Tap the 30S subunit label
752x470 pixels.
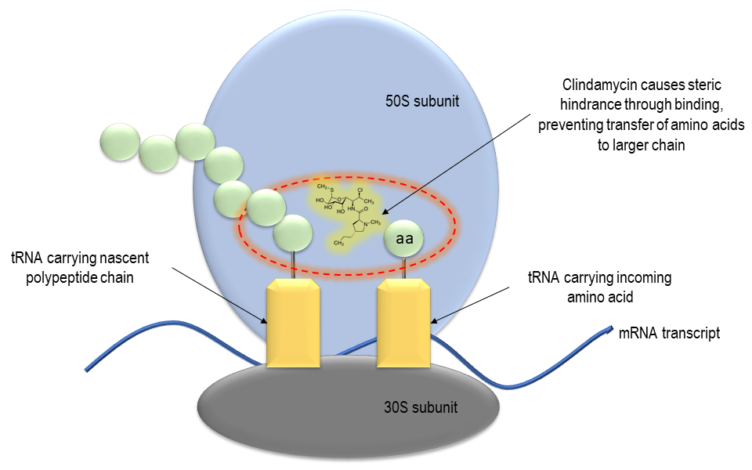click(x=421, y=407)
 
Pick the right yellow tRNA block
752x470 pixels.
click(x=404, y=325)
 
